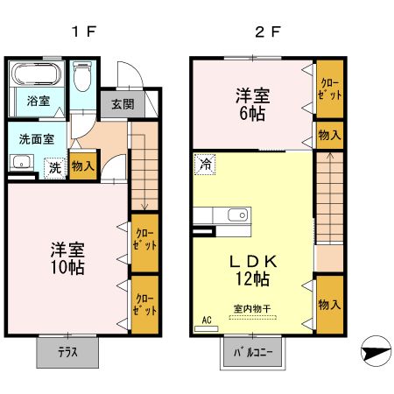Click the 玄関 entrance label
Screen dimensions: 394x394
click(x=123, y=103)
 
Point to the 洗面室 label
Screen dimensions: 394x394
click(x=37, y=137)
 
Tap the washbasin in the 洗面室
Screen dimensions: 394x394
click(x=22, y=163)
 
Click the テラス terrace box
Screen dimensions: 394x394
click(x=67, y=354)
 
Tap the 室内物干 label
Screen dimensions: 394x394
click(x=250, y=306)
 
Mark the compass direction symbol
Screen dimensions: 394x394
click(x=374, y=350)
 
